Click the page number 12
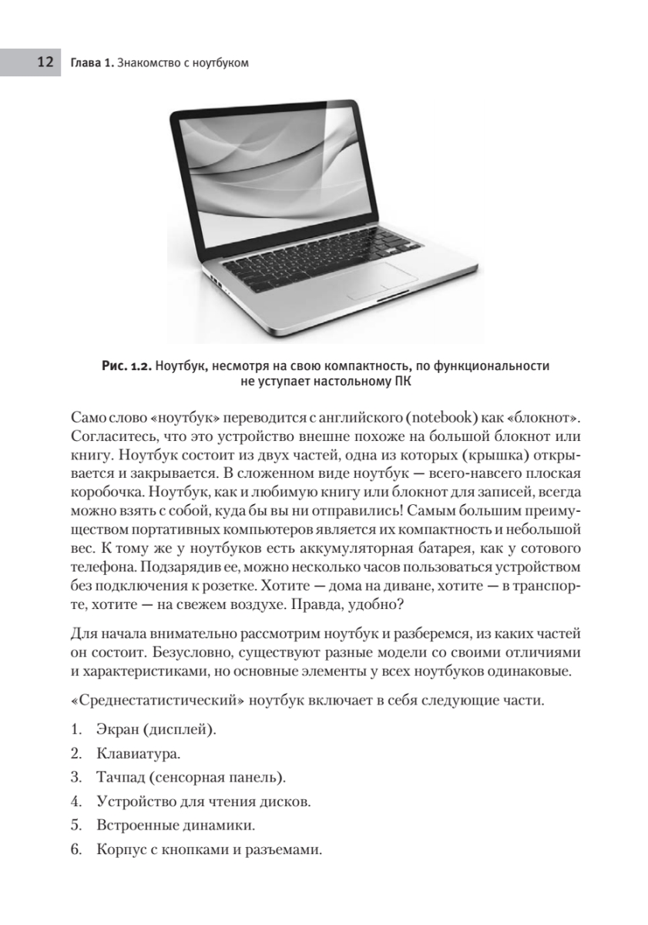tap(44, 62)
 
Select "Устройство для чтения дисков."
tap(204, 802)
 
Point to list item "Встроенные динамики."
tap(176, 826)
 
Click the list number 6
tap(76, 851)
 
